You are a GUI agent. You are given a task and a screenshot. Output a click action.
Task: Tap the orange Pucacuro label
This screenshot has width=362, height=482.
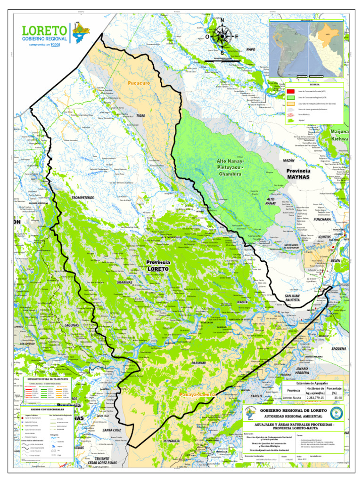click(x=139, y=83)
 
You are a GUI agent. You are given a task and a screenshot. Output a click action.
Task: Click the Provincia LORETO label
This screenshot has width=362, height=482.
click(x=158, y=265)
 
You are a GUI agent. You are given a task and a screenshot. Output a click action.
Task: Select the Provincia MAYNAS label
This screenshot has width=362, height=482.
click(x=298, y=174)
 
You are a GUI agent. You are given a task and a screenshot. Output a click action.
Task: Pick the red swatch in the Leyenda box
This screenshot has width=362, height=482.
click(x=291, y=91)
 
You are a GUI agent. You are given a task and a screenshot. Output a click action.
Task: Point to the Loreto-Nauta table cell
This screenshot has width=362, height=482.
click(x=293, y=398)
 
